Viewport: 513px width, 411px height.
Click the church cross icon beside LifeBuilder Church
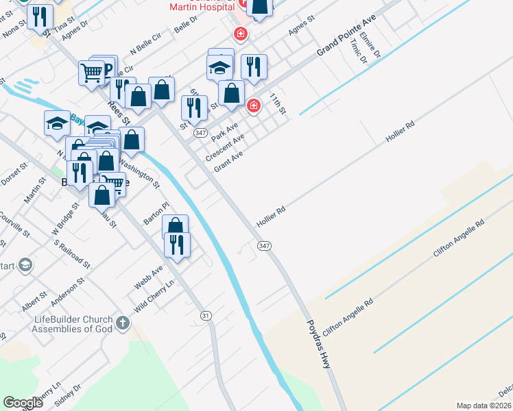(123, 323)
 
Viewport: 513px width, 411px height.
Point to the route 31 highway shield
(206, 315)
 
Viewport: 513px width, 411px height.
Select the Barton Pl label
(156, 213)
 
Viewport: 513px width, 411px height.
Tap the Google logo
(23, 403)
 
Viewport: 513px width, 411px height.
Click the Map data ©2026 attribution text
(484, 406)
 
